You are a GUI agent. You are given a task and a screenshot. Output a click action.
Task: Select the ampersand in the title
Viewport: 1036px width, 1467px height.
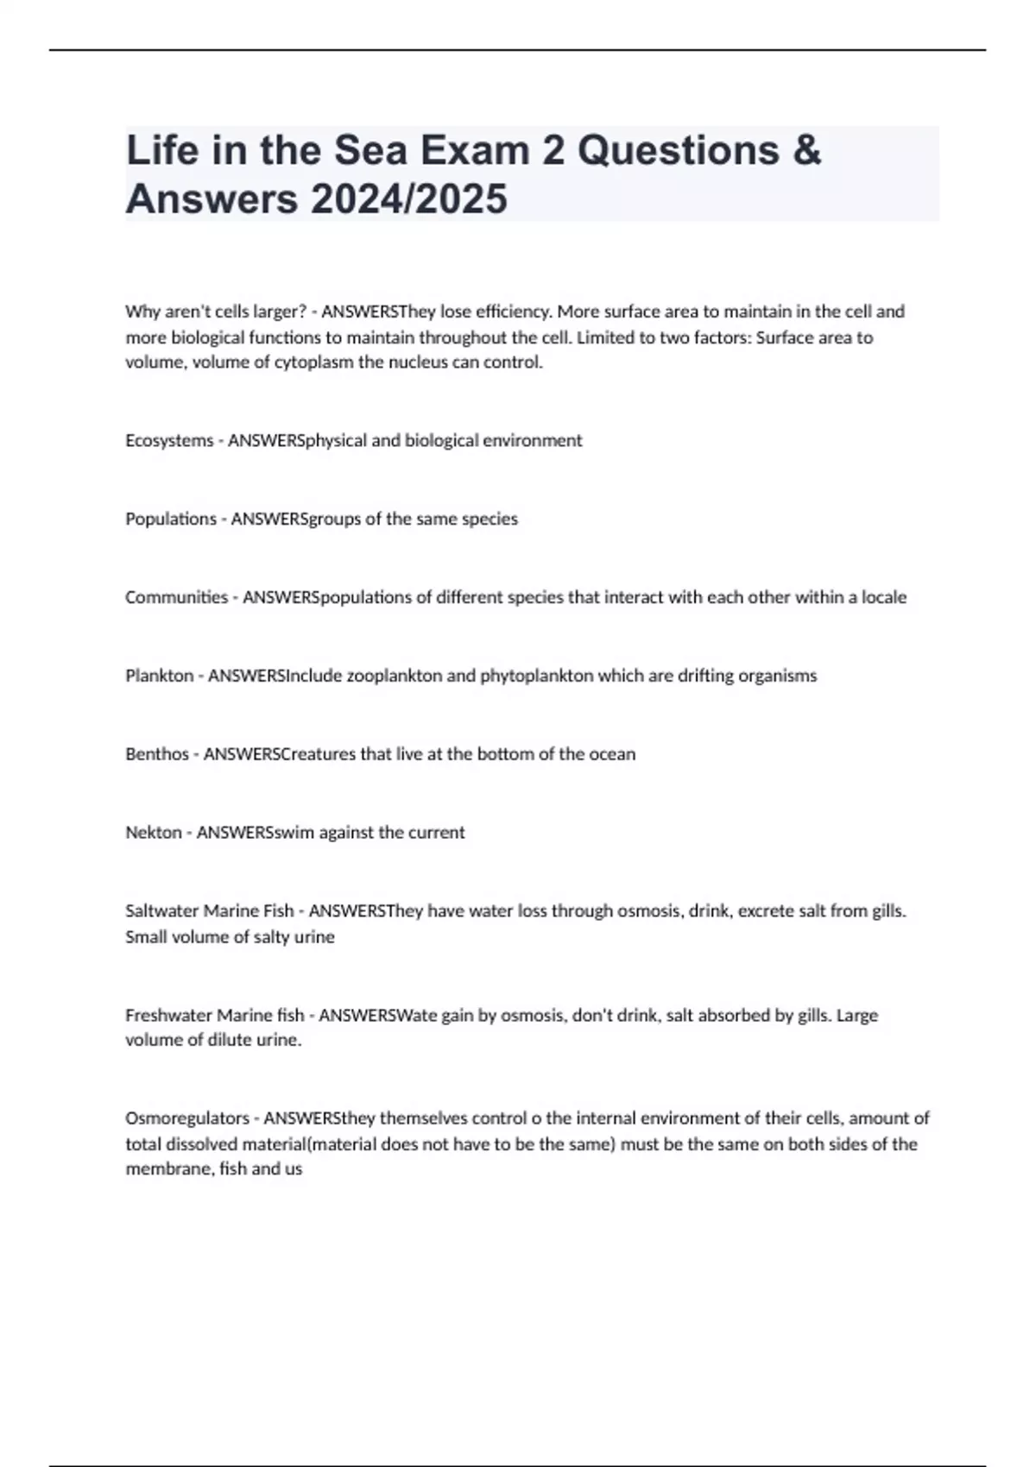(805, 150)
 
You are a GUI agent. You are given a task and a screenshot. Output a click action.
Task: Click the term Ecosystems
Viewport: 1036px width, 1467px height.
(169, 440)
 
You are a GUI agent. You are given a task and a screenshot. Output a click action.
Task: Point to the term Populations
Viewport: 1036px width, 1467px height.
(171, 519)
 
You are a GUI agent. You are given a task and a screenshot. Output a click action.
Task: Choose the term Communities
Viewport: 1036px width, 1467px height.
(176, 597)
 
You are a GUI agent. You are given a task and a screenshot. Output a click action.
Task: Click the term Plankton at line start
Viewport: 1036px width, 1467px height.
(159, 676)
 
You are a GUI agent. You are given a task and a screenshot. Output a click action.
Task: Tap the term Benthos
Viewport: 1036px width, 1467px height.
(156, 754)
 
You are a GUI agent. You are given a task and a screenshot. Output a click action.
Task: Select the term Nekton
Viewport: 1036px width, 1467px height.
(154, 833)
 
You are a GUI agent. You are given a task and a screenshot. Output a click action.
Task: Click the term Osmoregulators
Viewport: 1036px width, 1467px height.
(186, 1118)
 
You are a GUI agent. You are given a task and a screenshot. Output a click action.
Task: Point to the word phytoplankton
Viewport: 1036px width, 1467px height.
(536, 676)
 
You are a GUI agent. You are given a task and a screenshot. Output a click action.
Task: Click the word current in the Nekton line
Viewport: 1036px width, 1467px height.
(437, 833)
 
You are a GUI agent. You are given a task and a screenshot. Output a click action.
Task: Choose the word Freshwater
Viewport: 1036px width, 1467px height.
(168, 1016)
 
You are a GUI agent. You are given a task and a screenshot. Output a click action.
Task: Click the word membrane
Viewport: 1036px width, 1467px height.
(163, 1169)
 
